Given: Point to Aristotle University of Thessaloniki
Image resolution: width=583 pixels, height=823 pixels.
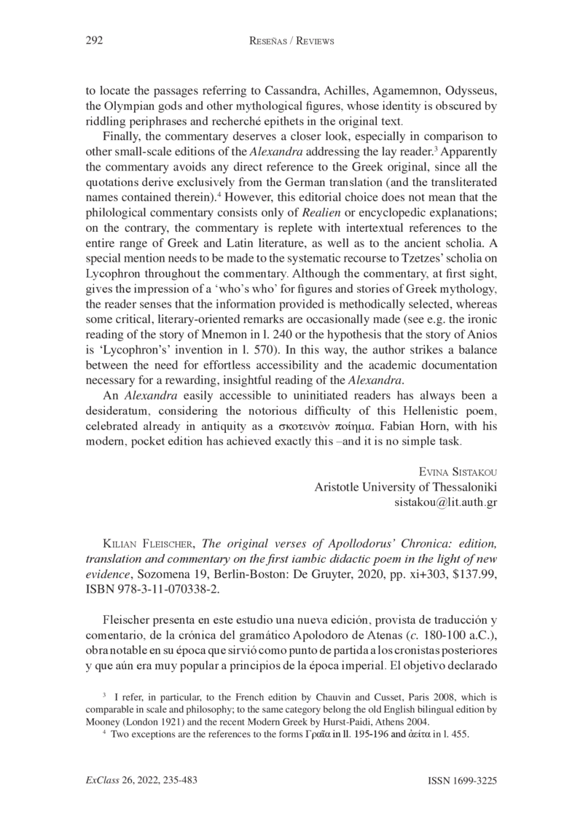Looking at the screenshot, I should [405, 486].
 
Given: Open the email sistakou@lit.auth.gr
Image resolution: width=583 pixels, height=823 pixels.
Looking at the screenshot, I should [445, 502].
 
